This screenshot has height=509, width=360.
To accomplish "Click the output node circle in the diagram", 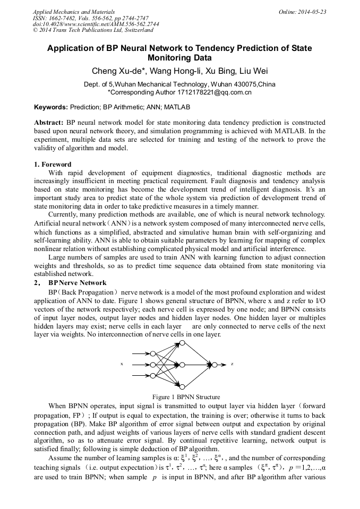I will (x=215, y=365).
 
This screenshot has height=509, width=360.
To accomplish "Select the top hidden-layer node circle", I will (x=182, y=343).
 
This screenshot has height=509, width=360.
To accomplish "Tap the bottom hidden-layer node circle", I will (x=182, y=386).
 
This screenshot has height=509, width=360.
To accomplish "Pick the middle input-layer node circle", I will (x=152, y=365).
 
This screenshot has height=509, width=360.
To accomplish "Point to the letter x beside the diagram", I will (x=122, y=364).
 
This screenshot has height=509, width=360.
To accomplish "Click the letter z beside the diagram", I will (x=232, y=365).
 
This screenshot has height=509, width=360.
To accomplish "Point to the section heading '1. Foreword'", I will (x=53, y=165).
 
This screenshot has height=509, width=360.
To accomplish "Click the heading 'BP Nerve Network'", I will (x=78, y=283).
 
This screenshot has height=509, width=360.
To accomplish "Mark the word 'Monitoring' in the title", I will (x=181, y=58).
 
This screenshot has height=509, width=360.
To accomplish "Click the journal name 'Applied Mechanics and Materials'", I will (x=73, y=12).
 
